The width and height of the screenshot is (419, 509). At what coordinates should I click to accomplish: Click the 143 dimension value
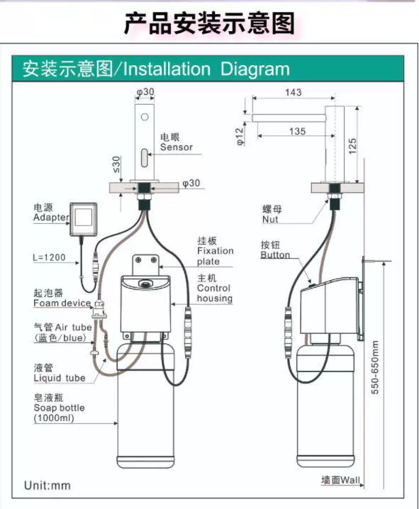[x=294, y=92]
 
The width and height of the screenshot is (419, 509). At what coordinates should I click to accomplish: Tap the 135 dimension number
[x=298, y=131]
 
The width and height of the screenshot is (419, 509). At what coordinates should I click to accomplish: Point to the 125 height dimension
[x=352, y=146]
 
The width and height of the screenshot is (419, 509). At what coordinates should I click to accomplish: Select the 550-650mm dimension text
[x=375, y=367]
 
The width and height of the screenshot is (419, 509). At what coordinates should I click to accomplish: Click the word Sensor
[x=177, y=147]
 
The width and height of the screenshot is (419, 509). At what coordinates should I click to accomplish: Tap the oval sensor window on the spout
[x=145, y=157]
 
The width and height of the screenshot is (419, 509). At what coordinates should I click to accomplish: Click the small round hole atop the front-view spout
[x=145, y=116]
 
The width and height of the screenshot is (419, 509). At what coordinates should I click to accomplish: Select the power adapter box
[x=84, y=220]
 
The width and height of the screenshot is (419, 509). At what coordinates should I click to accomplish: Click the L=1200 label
[x=50, y=257]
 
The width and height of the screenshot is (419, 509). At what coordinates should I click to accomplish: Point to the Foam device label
[x=62, y=303]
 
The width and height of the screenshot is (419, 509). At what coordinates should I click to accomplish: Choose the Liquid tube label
[x=60, y=378]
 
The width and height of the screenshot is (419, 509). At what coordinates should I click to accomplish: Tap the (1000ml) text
[x=54, y=418]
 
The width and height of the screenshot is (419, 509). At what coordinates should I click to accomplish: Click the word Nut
[x=270, y=219]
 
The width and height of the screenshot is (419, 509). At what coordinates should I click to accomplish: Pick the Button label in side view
[x=275, y=254]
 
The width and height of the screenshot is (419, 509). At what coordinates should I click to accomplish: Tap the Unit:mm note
[x=48, y=486]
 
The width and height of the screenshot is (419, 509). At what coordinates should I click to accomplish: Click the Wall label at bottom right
[x=350, y=480]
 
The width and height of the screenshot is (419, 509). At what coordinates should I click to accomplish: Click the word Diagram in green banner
[x=255, y=69]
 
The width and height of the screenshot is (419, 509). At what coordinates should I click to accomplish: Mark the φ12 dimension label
[x=240, y=136]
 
